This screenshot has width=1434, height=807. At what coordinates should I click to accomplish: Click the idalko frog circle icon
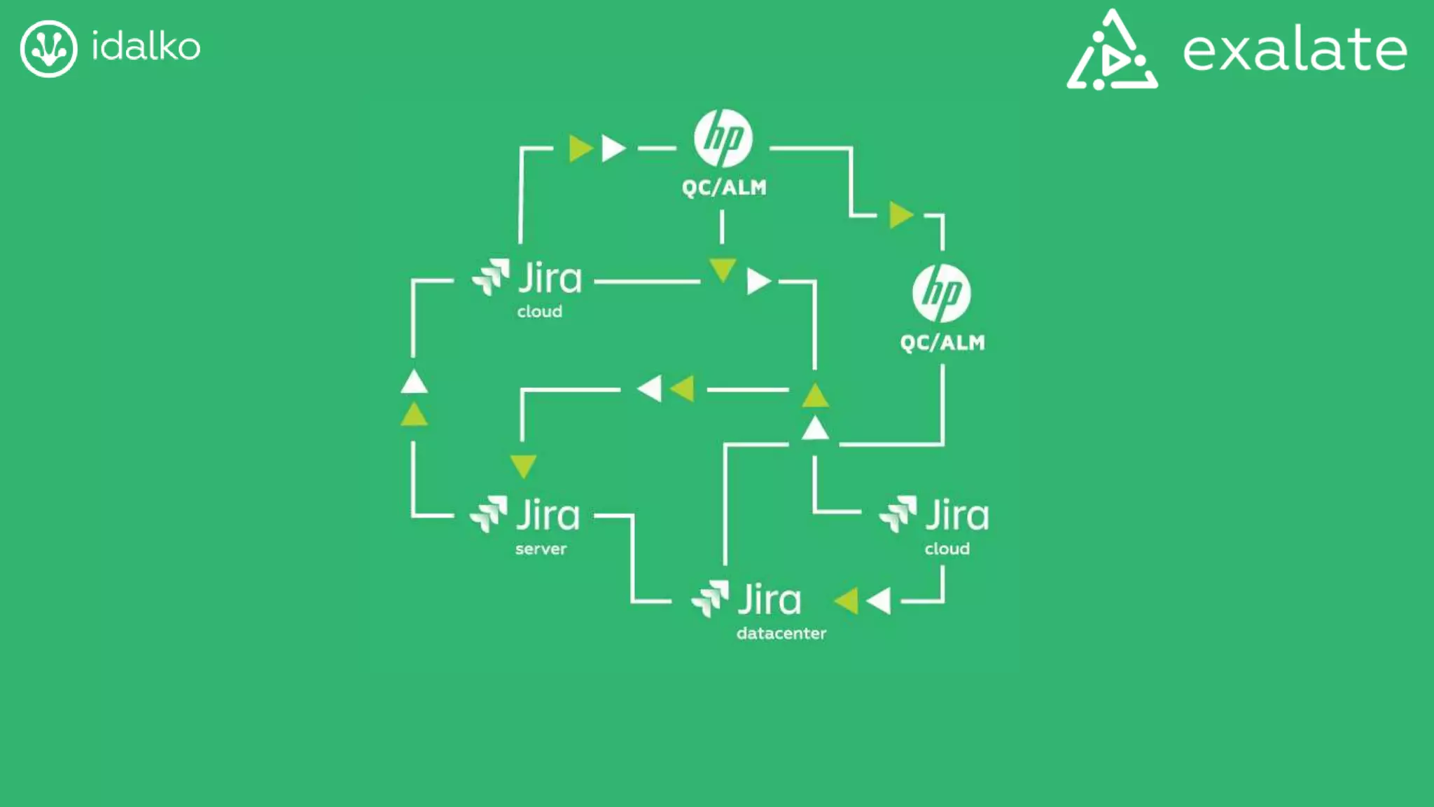pyautogui.click(x=48, y=48)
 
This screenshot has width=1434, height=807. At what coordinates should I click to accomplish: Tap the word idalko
pyautogui.click(x=146, y=47)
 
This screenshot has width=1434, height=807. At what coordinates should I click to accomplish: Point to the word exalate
pyautogui.click(x=1295, y=50)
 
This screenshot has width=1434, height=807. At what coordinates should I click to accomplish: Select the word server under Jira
pyautogui.click(x=541, y=549)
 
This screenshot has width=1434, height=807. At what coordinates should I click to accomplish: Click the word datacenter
pyautogui.click(x=781, y=633)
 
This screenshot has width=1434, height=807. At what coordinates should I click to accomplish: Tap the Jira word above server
pyautogui.click(x=548, y=516)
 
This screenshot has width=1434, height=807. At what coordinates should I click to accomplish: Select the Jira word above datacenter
pyautogui.click(x=770, y=600)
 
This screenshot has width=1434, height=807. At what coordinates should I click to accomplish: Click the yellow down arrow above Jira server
pyautogui.click(x=523, y=465)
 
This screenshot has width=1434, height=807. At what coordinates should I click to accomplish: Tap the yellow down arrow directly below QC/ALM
pyautogui.click(x=722, y=269)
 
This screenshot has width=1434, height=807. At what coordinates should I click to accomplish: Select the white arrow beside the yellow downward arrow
pyautogui.click(x=758, y=282)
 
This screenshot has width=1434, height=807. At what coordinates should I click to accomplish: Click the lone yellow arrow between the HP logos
pyautogui.click(x=900, y=215)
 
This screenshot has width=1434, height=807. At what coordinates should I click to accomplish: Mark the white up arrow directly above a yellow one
pyautogui.click(x=414, y=382)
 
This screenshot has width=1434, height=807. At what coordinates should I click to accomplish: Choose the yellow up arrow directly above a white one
pyautogui.click(x=815, y=396)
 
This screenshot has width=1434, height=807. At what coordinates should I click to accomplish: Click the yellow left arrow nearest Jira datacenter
pyautogui.click(x=847, y=600)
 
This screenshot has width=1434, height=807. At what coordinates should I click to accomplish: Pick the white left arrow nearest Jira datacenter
pyautogui.click(x=879, y=600)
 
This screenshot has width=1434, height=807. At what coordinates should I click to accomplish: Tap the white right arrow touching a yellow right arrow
pyautogui.click(x=613, y=149)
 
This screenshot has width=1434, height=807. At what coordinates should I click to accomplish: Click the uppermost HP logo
pyautogui.click(x=723, y=138)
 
